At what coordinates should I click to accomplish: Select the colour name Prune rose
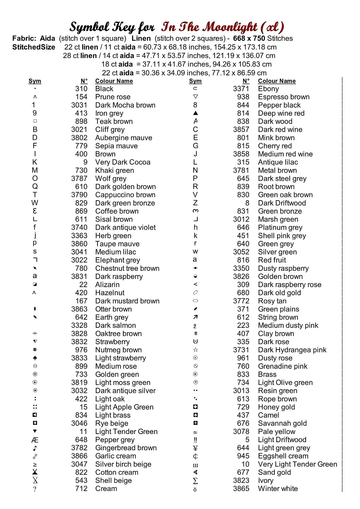point(113,97)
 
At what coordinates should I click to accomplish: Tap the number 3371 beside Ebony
point(241,89)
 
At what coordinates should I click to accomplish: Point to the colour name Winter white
point(278,489)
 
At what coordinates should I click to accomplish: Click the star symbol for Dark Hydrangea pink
point(195,350)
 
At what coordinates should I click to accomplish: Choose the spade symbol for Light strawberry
point(35,358)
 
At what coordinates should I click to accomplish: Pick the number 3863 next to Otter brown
point(79,309)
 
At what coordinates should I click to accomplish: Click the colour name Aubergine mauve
point(124,138)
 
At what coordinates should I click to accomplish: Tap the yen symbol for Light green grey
point(195,448)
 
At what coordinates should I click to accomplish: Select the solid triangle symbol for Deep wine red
point(195,113)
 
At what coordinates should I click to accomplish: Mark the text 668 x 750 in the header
point(249,38)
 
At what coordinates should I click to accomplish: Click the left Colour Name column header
point(114,81)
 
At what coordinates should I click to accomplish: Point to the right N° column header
point(246,81)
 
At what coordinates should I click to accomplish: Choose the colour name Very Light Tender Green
point(298,464)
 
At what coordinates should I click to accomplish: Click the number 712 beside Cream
point(82,489)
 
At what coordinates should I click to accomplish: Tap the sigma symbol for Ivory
point(195,481)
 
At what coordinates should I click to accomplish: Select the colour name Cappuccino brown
point(125,195)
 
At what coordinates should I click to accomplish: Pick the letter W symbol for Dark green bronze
point(35,203)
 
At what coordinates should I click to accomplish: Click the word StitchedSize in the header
point(34,47)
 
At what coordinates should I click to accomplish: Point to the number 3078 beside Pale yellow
point(241,432)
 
